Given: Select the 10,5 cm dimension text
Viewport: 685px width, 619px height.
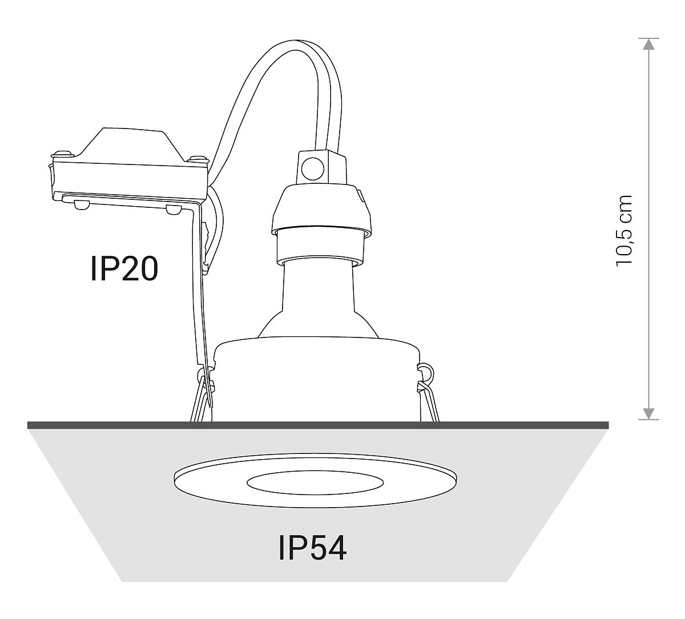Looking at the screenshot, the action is [624, 231].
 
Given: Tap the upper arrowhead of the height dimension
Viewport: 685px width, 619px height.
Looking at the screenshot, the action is [648, 43].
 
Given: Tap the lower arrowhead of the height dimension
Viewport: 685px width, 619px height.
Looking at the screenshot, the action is [648, 413].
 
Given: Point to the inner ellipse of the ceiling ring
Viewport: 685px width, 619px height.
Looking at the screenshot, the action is [315, 483].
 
